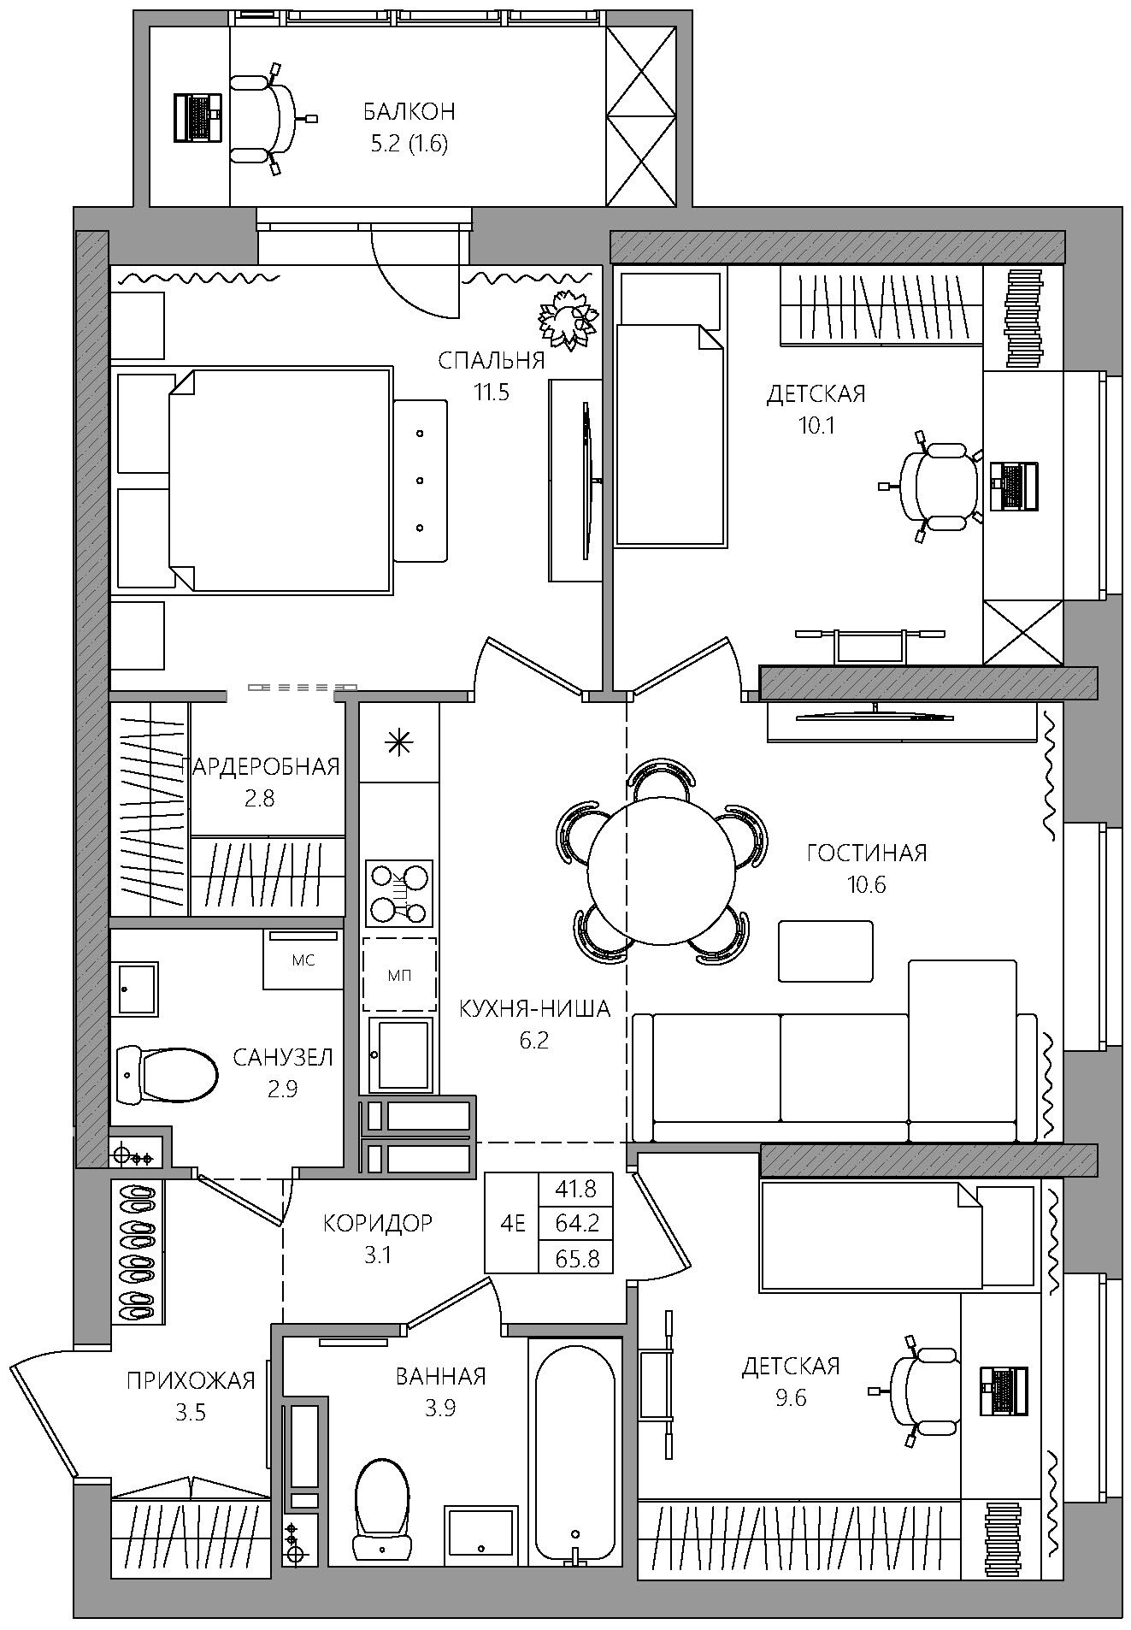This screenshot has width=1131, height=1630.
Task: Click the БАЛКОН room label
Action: tap(409, 111)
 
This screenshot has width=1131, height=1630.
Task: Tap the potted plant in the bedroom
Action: tap(566, 318)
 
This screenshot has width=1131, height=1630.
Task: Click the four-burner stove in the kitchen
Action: tap(398, 894)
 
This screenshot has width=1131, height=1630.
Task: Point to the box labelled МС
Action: tap(303, 960)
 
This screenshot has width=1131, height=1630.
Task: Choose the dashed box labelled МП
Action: tap(399, 975)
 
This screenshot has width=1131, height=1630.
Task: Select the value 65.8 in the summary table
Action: tap(577, 1258)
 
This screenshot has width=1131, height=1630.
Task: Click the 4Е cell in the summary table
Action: tap(512, 1224)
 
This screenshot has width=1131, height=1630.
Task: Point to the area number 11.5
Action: tap(492, 393)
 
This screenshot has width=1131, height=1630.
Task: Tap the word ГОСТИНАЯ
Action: tap(867, 853)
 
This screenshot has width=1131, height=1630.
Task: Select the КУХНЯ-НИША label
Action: tap(535, 1008)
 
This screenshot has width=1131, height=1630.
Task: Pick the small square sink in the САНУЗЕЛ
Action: tap(137, 989)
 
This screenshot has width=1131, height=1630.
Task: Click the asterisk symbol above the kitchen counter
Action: tap(398, 741)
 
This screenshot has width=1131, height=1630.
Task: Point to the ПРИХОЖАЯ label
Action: tap(191, 1380)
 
